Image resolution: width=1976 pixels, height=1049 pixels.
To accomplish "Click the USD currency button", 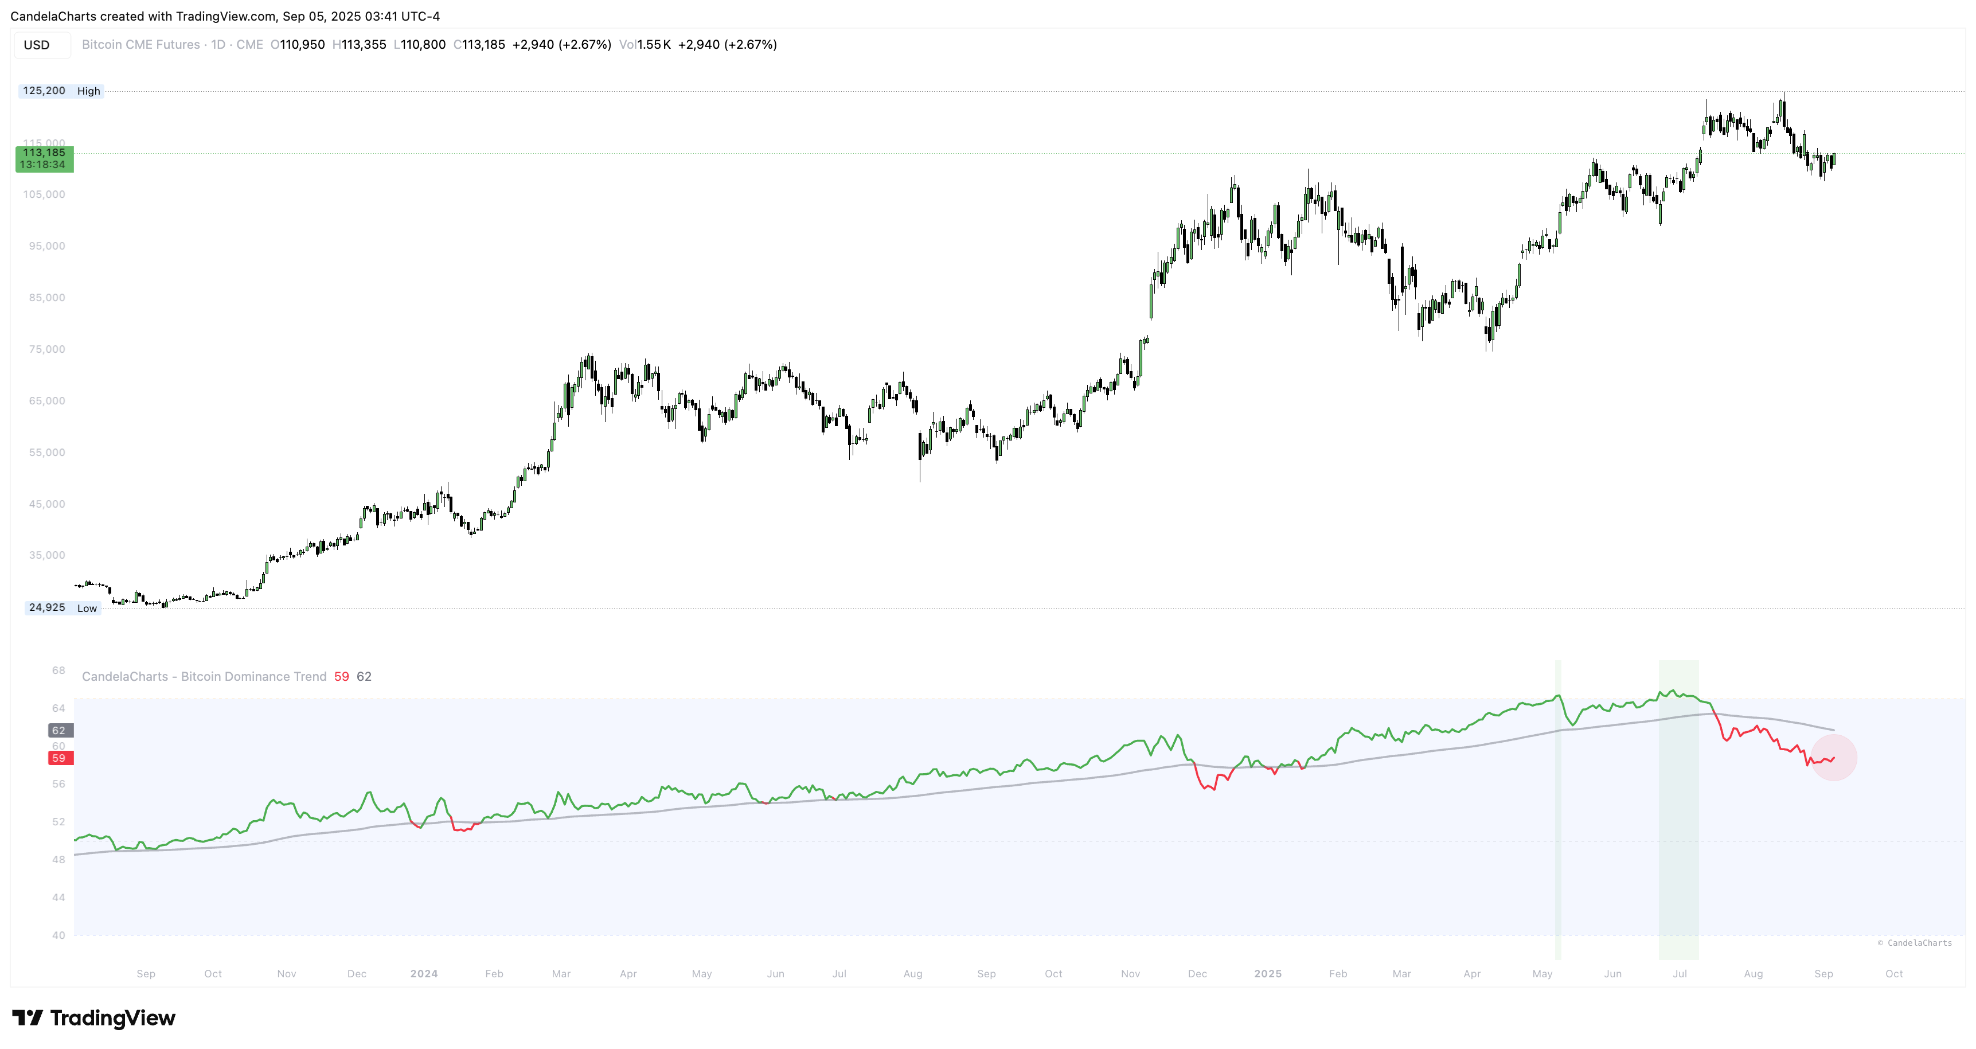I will pos(37,45).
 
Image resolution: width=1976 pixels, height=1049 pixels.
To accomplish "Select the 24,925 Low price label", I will pos(62,608).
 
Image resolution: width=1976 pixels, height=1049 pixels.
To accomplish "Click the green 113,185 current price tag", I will pos(45,159).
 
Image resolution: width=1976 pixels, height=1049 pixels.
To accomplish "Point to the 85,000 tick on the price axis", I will pos(47,298).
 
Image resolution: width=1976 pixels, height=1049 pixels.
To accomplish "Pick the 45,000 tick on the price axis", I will pos(47,504).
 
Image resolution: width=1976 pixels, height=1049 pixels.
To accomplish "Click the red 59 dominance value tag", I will pos(59,758).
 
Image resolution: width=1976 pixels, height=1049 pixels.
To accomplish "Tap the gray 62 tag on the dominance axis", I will pos(59,731).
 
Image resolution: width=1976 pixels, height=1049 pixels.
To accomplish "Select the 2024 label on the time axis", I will pos(423,974).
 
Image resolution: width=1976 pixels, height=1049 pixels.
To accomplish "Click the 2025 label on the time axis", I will pos(1267,974).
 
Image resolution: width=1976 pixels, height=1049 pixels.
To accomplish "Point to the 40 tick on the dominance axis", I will pos(58,935).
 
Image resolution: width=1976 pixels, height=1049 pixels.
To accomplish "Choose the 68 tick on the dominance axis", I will pos(58,670).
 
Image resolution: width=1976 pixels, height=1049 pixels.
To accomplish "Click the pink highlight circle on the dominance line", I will pos(1833,758).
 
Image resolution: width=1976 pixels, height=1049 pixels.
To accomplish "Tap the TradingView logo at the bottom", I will pos(93,1018).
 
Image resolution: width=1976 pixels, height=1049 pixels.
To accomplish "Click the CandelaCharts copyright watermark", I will pos(1914,943).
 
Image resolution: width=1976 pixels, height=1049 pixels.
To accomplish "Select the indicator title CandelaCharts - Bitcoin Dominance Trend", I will pos(204,677).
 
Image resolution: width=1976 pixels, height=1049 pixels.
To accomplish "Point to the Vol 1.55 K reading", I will pos(645,45).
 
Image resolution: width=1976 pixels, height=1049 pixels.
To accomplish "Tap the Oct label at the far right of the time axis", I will pos(1894,974).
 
